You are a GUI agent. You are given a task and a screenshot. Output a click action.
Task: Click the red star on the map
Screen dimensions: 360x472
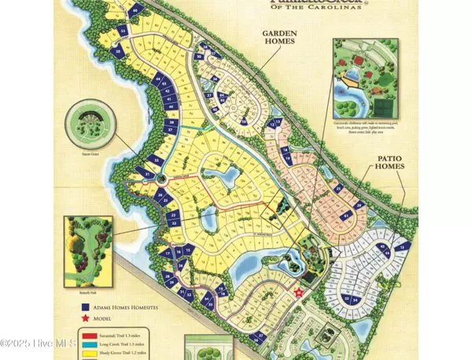pyautogui.click(x=298, y=293)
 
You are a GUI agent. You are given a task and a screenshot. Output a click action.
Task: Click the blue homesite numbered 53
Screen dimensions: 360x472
pyautogui.click(x=124, y=31)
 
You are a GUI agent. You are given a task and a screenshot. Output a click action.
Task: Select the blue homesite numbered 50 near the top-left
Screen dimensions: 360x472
pyautogui.click(x=119, y=52)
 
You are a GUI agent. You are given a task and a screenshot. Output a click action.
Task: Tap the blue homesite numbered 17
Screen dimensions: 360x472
pyautogui.click(x=167, y=253)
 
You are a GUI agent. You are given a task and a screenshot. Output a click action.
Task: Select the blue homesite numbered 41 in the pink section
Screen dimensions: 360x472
pyautogui.click(x=324, y=215)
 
